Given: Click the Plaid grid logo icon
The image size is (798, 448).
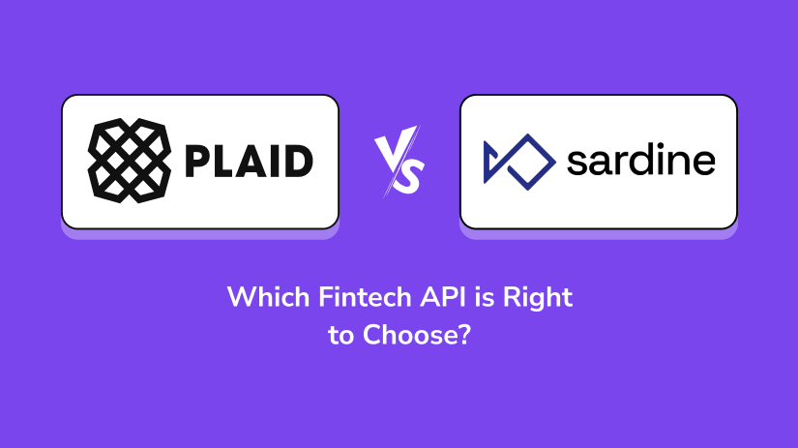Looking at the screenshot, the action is pos(130,161).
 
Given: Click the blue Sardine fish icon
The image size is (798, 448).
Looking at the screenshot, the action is pos(519,162).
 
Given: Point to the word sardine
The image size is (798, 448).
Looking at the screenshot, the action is pos(640,161).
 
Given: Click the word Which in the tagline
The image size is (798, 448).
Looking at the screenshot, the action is pos(268,297).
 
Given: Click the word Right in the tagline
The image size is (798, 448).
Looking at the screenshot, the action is pos(538,298).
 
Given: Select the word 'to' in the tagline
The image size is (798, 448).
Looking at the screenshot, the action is pos(341,336).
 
